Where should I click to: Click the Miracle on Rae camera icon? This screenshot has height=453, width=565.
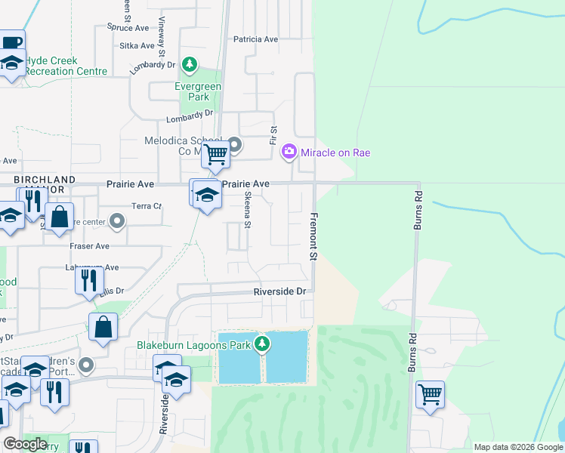(x=289, y=153)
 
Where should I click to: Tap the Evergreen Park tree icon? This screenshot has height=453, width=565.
(x=191, y=66)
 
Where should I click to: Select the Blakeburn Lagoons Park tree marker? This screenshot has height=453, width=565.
(x=262, y=345)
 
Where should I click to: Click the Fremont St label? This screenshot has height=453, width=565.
(x=311, y=237)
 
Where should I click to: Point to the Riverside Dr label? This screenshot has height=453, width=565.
(x=279, y=291)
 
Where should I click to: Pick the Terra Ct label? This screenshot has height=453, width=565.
(x=147, y=205)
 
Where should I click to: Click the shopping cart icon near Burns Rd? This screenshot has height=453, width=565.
(x=429, y=394)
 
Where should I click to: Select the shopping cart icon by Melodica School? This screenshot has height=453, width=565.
(x=216, y=155)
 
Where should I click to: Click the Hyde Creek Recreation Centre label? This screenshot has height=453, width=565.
(x=65, y=66)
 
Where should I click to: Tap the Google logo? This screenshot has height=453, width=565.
(x=25, y=444)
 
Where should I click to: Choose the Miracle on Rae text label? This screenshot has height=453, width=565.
(x=335, y=153)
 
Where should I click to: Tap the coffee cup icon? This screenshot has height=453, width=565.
(x=11, y=43)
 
